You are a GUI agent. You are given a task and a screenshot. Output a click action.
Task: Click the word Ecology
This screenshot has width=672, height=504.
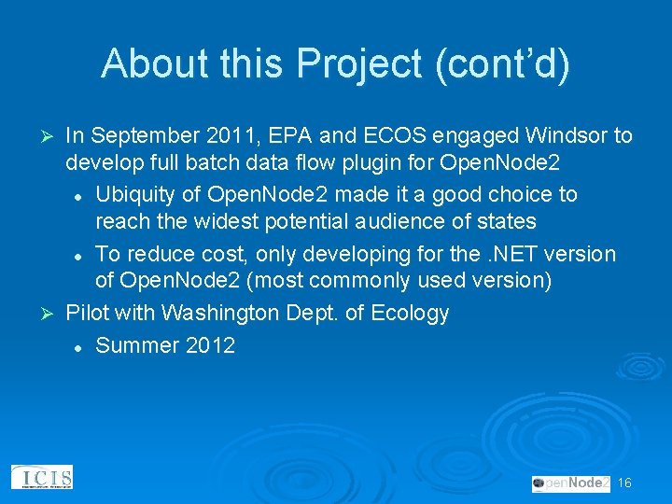[410, 313]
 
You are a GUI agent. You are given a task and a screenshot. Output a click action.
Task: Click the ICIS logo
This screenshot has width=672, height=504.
[41, 478]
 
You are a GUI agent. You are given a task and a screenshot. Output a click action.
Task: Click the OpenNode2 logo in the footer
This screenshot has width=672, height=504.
[570, 483]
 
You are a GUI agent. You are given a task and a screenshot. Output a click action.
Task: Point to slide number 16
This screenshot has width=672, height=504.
[624, 483]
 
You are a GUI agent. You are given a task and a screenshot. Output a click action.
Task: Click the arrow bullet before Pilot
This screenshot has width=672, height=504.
[51, 313]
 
